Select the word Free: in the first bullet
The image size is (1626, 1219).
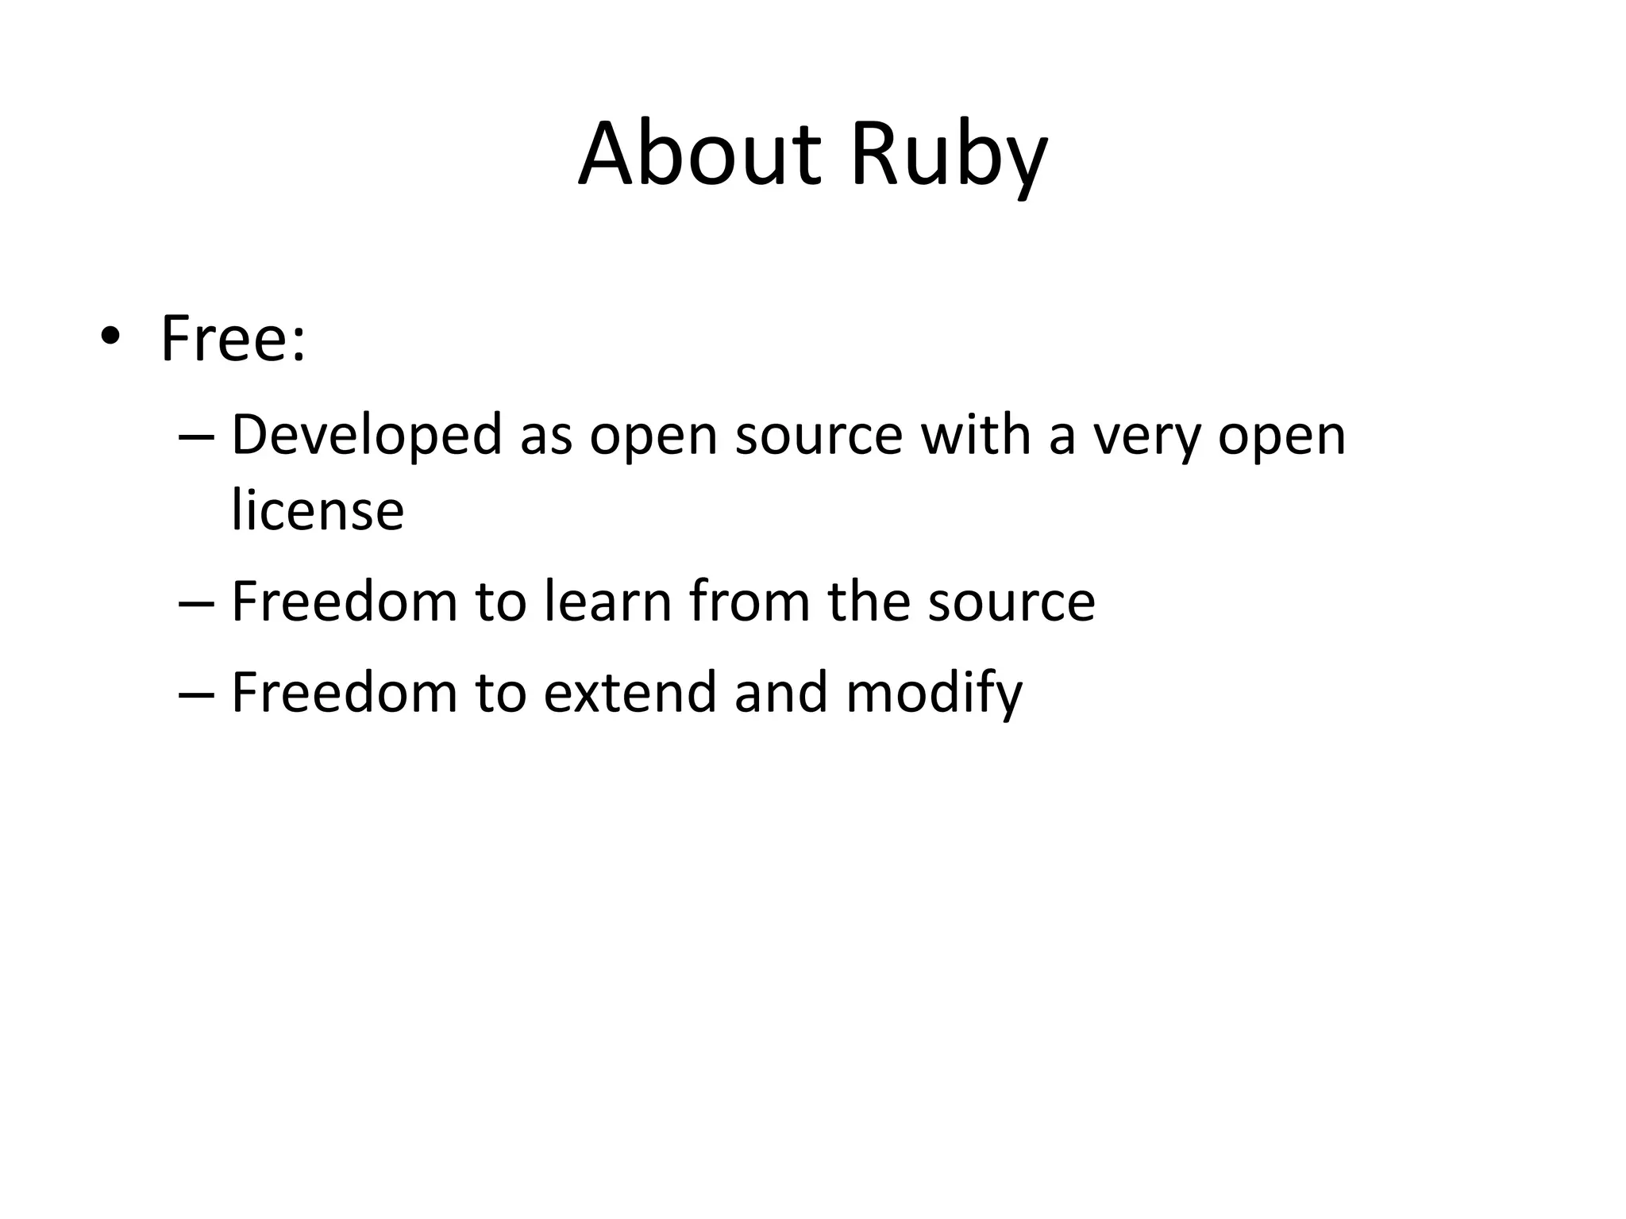pos(233,339)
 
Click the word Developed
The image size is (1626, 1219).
pos(367,436)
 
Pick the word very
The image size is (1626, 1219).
pos(1146,437)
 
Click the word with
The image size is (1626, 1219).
pos(974,436)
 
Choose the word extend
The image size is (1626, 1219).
pos(630,692)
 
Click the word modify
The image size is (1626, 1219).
pos(934,693)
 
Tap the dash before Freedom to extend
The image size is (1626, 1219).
pos(196,694)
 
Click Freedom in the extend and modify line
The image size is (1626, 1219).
pos(345,692)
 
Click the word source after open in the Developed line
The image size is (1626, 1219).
pos(819,437)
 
